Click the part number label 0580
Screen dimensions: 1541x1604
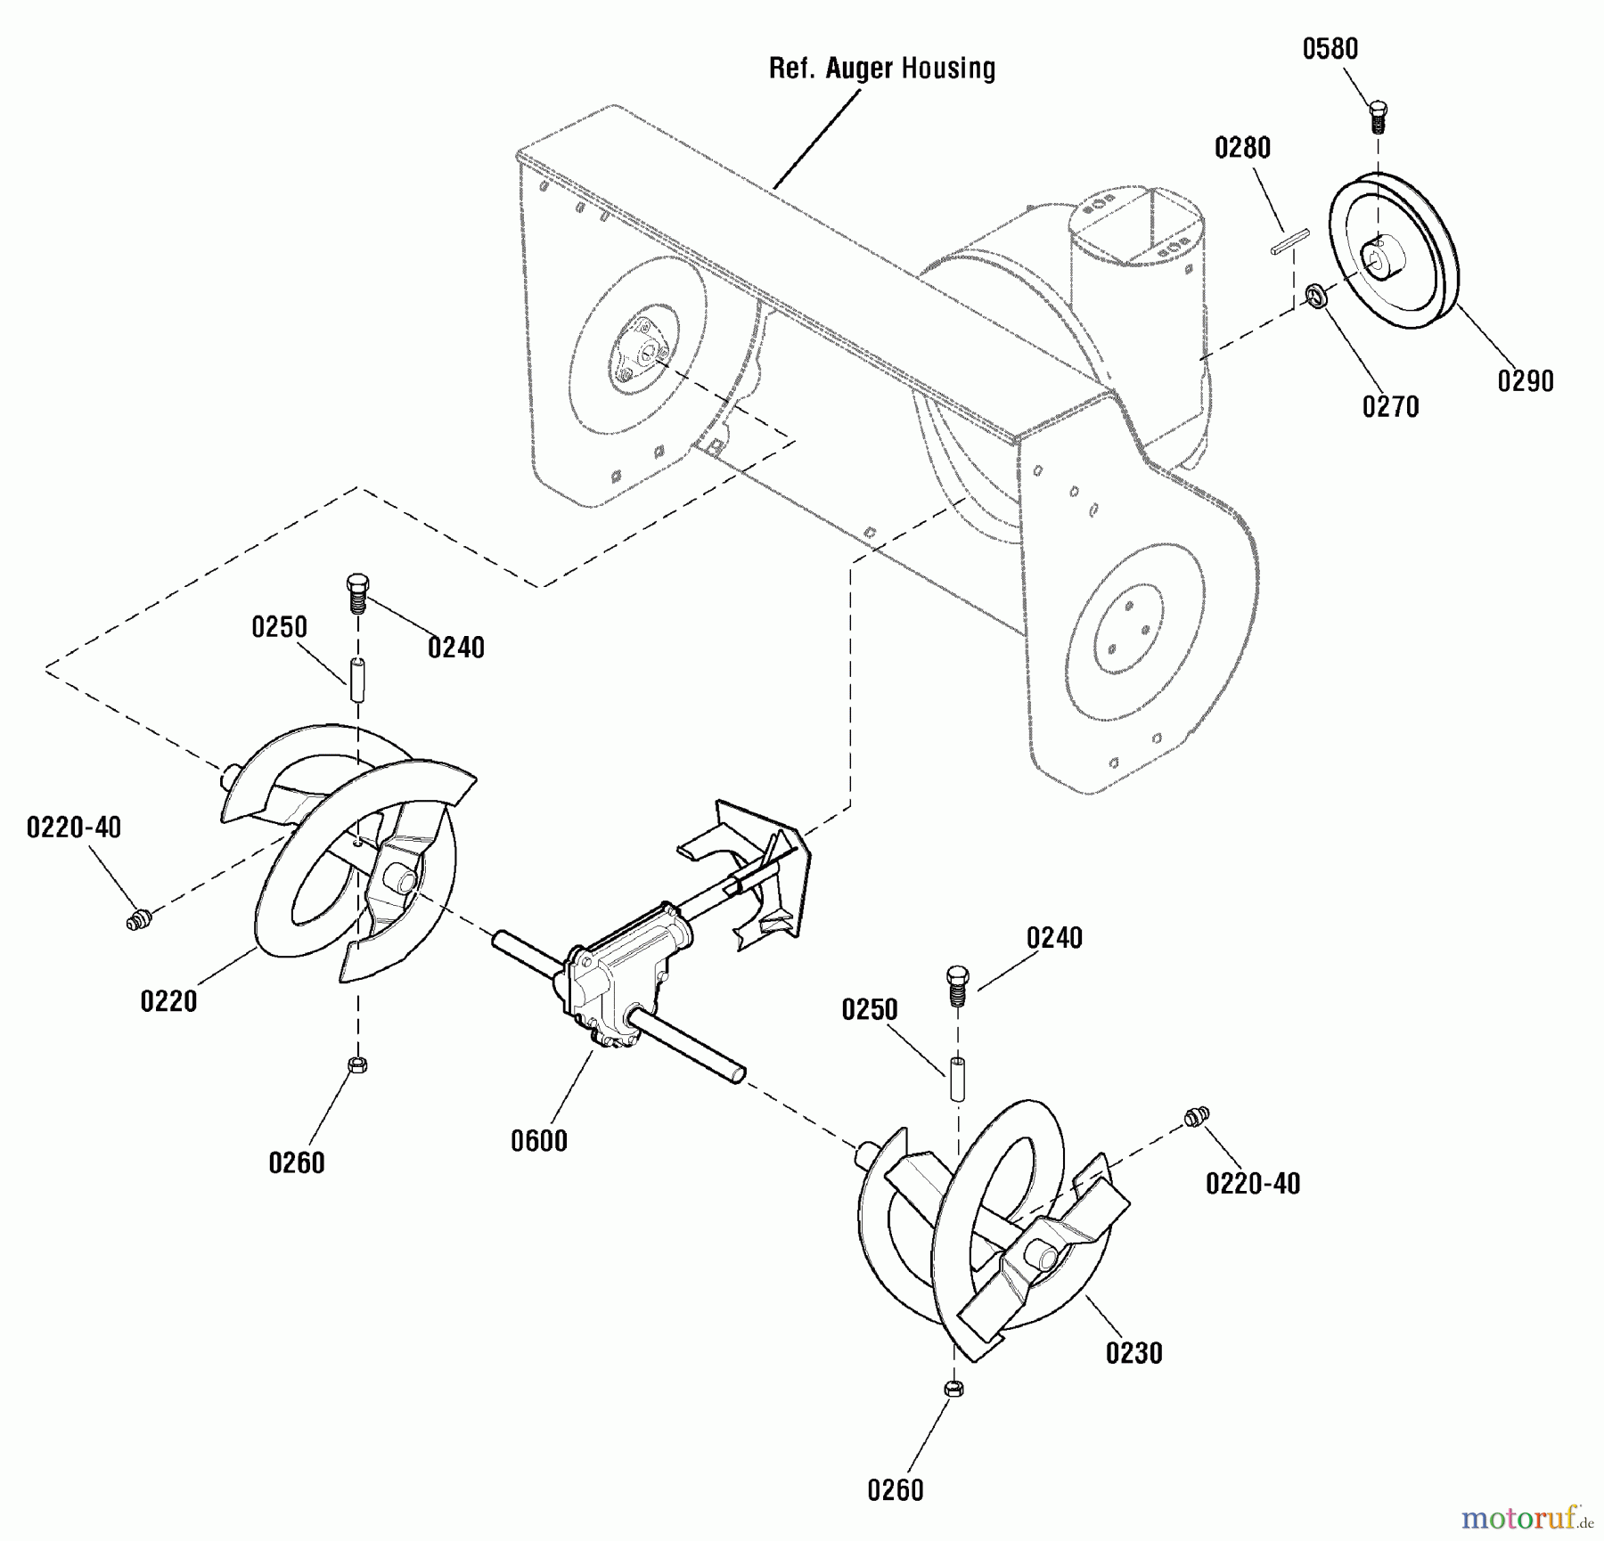pyautogui.click(x=1330, y=49)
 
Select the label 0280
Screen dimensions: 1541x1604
pyautogui.click(x=1242, y=148)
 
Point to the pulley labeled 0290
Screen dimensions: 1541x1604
pyautogui.click(x=1394, y=255)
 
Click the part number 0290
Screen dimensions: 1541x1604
pyautogui.click(x=1525, y=381)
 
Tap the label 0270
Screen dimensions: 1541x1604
pyautogui.click(x=1390, y=407)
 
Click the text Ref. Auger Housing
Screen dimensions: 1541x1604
pyautogui.click(x=882, y=69)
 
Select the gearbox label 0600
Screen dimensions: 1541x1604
pyautogui.click(x=539, y=1141)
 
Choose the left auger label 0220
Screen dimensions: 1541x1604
pyautogui.click(x=168, y=1001)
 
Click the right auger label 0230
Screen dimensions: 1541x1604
pyautogui.click(x=1133, y=1353)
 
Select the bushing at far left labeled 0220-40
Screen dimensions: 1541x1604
pyautogui.click(x=138, y=918)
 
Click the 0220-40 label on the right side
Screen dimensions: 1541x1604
pyautogui.click(x=1252, y=1183)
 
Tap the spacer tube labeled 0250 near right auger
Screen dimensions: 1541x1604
pyautogui.click(x=957, y=1078)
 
